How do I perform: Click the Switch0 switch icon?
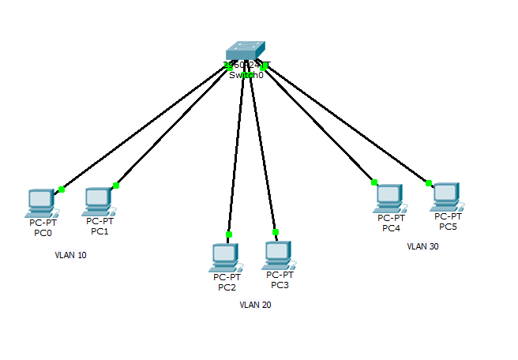point(246,52)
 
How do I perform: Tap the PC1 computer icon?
point(98,201)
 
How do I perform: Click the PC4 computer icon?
point(389,198)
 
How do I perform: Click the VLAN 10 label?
point(70,256)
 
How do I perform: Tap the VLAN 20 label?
point(255,305)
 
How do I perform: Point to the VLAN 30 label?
point(422,246)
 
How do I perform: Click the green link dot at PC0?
point(62,189)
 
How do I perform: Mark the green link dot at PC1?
point(116,186)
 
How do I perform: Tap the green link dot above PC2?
point(229,234)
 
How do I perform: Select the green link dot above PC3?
point(276,232)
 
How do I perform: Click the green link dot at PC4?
point(374,182)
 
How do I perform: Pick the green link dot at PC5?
point(429,182)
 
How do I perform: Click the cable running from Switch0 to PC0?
point(142,129)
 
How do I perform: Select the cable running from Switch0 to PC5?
point(347,126)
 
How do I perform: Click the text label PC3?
point(280,285)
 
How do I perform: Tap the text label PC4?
point(391,228)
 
